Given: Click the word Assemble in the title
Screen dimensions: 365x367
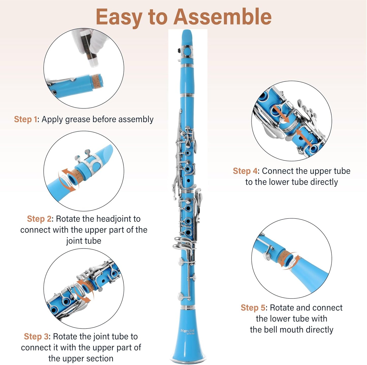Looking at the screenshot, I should pos(222,17).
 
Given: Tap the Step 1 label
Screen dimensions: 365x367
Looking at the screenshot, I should pos(25,119).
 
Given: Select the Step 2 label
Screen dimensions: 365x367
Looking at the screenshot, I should pos(39,219).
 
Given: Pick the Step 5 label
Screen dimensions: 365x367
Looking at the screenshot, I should pos(253,308).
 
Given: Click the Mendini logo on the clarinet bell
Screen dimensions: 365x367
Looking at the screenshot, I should pos(187,331).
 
